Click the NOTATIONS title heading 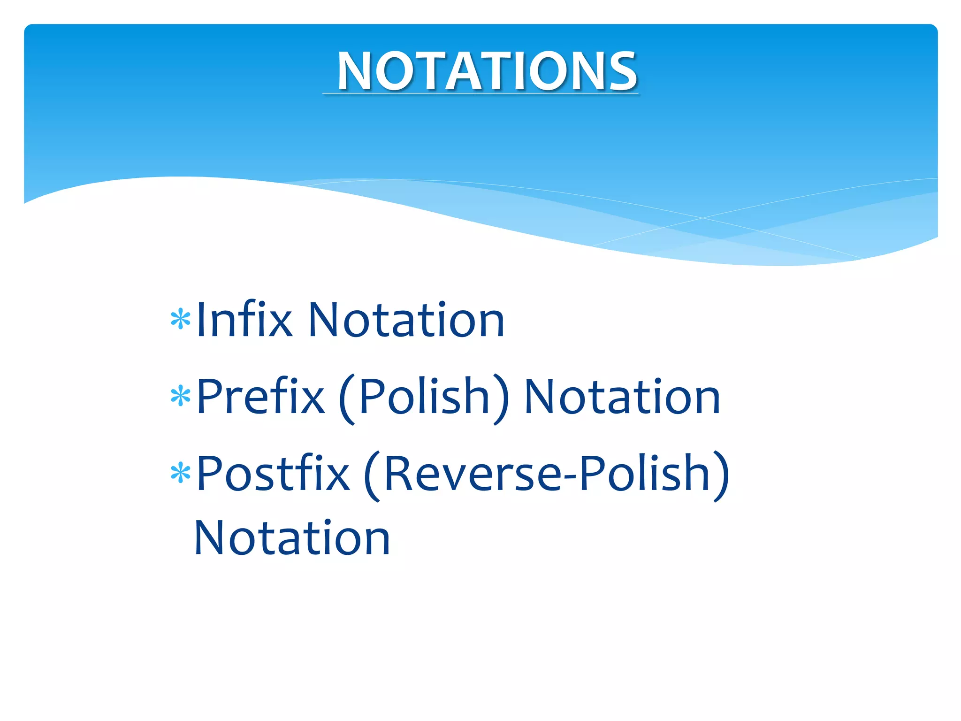coord(487,71)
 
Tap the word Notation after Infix coord(406,320)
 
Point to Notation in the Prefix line coord(622,397)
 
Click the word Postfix coord(273,474)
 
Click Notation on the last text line coord(292,538)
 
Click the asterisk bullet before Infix coord(181,320)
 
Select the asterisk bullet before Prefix coord(181,397)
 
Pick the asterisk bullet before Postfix coord(181,474)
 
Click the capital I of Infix coord(201,320)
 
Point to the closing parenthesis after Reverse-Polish coord(722,476)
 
